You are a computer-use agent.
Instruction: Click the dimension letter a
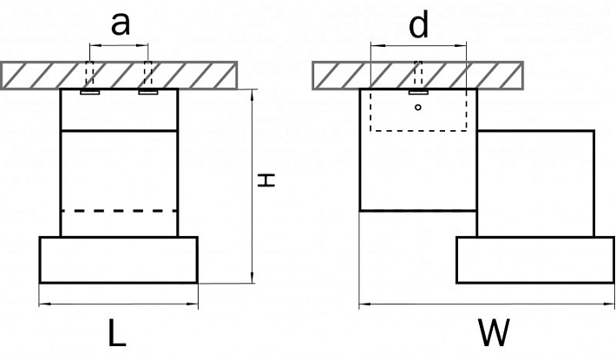pyautogui.click(x=121, y=23)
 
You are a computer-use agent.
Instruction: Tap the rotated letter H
pyautogui.click(x=266, y=180)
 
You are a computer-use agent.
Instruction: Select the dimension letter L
pyautogui.click(x=116, y=333)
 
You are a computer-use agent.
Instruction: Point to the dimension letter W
pyautogui.click(x=494, y=333)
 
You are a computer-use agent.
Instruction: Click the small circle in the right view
pyautogui.click(x=418, y=107)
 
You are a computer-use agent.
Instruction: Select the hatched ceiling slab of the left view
pyautogui.click(x=119, y=75)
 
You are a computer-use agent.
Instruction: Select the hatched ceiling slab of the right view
pyautogui.click(x=418, y=75)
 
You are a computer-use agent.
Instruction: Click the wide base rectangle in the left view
pyautogui.click(x=118, y=259)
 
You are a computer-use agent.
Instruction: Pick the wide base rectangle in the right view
pyautogui.click(x=535, y=259)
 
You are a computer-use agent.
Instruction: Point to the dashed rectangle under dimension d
pyautogui.click(x=418, y=130)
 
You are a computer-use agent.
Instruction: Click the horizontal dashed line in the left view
pyautogui.click(x=119, y=211)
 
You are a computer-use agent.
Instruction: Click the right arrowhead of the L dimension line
pyautogui.click(x=193, y=304)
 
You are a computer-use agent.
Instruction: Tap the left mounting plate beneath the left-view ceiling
pyautogui.click(x=89, y=92)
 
